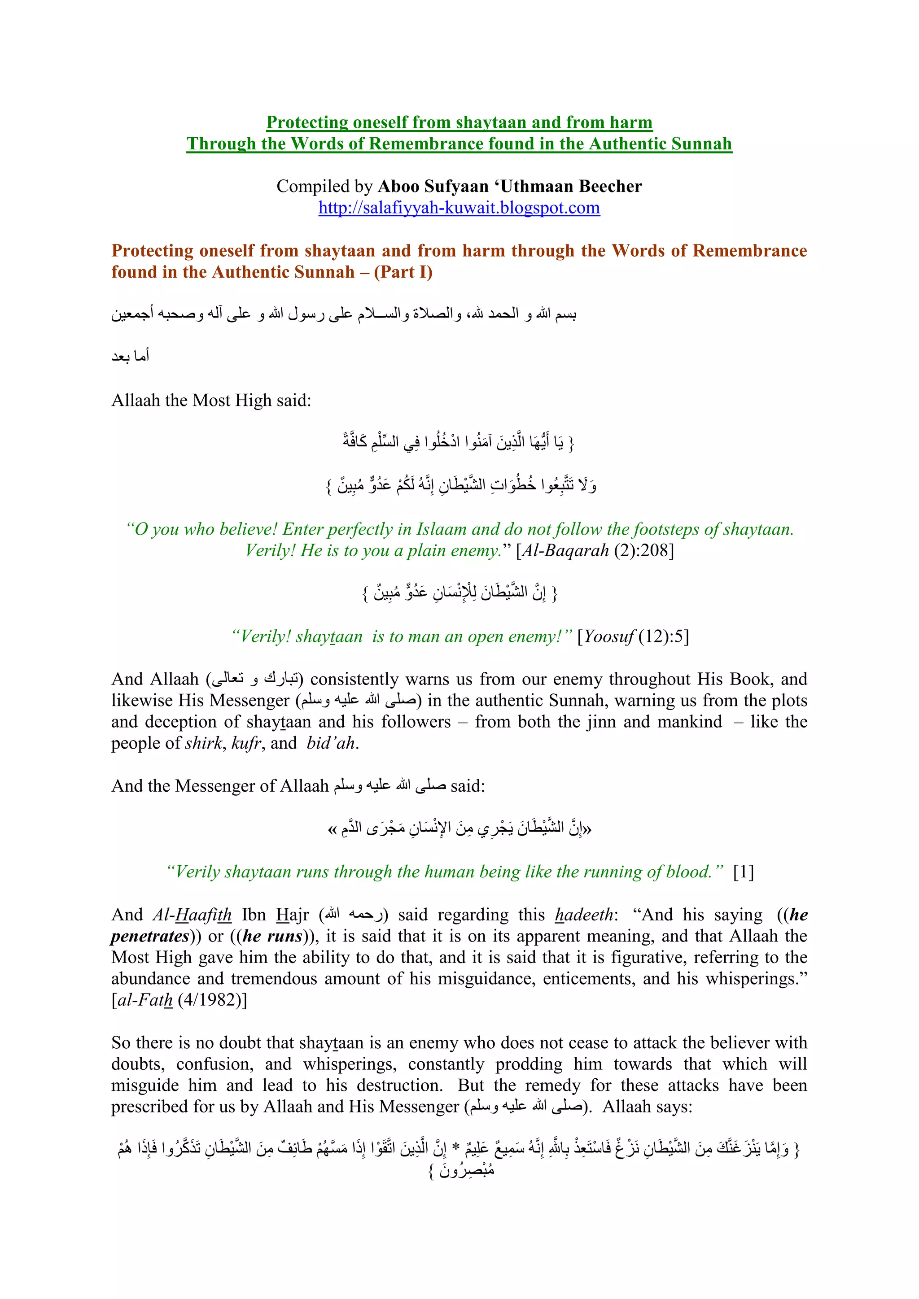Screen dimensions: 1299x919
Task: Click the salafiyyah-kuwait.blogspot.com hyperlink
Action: point(459,208)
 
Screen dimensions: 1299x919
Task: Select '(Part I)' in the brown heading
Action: point(403,272)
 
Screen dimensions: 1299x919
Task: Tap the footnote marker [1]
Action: point(743,872)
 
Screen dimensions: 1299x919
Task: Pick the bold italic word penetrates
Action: point(149,936)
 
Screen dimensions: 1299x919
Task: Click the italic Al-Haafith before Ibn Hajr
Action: point(192,915)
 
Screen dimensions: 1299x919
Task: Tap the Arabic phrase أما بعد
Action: point(130,357)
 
